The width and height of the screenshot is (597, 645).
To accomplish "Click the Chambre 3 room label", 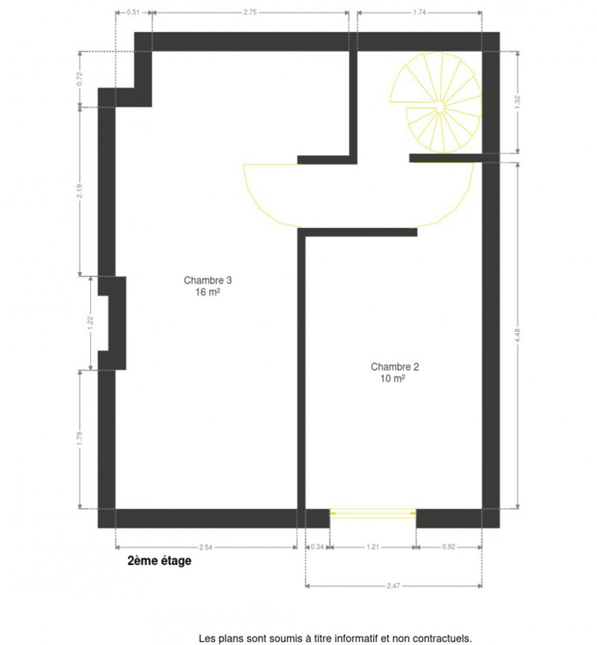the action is click(208, 280).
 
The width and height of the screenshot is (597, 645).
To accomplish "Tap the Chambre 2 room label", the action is click(395, 367).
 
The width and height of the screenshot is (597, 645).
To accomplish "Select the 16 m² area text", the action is click(208, 292).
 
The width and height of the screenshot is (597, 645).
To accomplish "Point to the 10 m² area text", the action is click(393, 379).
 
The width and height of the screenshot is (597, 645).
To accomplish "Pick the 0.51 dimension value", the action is click(133, 12).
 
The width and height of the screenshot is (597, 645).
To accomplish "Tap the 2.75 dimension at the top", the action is click(250, 12).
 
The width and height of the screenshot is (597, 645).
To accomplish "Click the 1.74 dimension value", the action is click(419, 12).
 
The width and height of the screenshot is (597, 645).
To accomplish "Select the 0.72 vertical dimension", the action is click(80, 78).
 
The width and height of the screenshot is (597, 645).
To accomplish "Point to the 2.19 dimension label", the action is click(80, 191).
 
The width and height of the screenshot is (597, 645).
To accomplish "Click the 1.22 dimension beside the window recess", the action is click(91, 323).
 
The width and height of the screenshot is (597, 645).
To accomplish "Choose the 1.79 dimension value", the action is click(80, 439).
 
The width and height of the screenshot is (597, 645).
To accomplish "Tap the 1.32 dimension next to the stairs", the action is click(518, 102).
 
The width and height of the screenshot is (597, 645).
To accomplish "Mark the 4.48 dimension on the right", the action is click(518, 335).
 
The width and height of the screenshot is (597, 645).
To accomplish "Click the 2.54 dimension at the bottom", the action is click(206, 547).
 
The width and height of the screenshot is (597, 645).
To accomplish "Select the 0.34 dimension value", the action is click(317, 547).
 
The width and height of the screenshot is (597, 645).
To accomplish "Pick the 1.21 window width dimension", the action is click(373, 547).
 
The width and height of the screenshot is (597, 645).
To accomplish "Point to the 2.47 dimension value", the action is click(393, 585).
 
